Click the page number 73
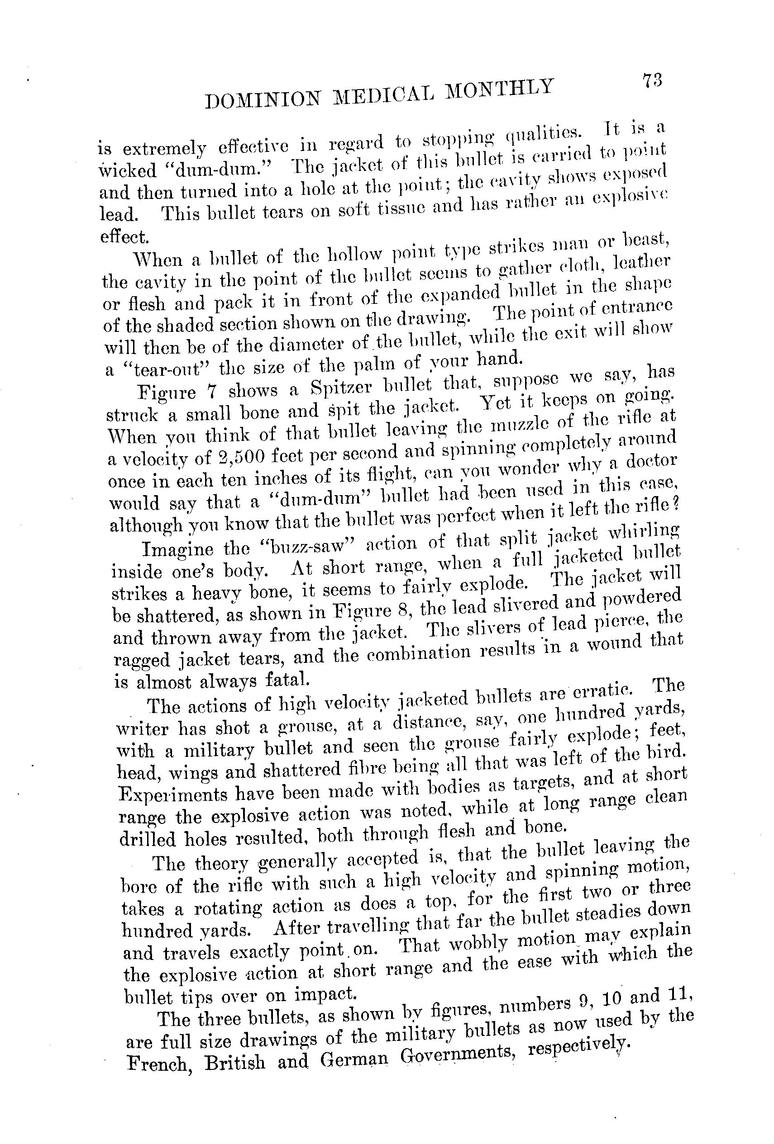651,80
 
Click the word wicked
127,170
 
